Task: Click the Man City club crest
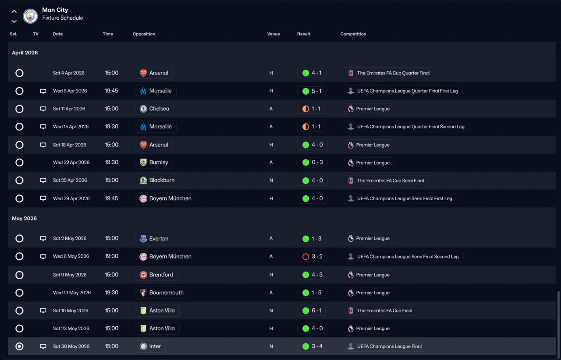[x=30, y=16]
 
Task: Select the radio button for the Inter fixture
[x=19, y=346]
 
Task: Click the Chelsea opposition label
[x=155, y=109]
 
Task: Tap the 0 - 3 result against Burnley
[x=312, y=162]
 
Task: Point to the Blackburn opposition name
[x=157, y=180]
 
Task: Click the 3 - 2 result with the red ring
[x=312, y=257]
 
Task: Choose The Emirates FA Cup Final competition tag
[x=380, y=311]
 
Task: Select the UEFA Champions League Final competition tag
[x=384, y=346]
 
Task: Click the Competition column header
[x=353, y=34]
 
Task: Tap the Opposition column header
[x=144, y=34]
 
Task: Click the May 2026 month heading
[x=24, y=219]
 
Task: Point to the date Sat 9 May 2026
[x=70, y=275]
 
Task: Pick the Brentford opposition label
[x=156, y=275]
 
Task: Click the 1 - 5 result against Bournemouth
[x=312, y=293]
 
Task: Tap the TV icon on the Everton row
[x=43, y=239]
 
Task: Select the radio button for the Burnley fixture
[x=19, y=162]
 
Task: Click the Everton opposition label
[x=154, y=239]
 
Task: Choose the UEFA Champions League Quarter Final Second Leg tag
[x=405, y=127]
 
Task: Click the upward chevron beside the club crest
[x=14, y=11]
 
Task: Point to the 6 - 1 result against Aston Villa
[x=312, y=311]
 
